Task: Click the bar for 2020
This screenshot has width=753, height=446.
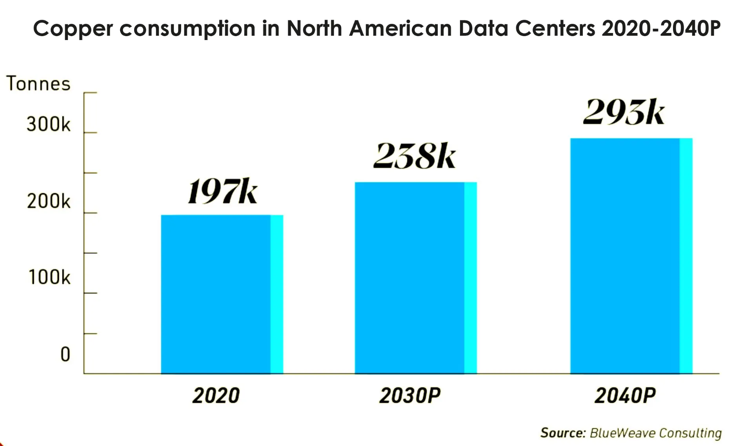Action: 222,294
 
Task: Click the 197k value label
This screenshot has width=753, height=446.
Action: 222,192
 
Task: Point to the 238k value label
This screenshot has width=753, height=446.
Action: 414,156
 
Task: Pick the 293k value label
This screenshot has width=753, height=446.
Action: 624,112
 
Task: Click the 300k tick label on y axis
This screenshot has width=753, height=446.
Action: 49,124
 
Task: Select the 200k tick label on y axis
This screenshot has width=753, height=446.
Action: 49,201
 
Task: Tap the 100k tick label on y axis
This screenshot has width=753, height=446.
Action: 49,278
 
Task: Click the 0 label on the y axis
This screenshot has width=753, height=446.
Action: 65,355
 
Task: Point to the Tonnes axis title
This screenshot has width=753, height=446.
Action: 38,84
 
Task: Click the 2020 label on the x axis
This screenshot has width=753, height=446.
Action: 216,395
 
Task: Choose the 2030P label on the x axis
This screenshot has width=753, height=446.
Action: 410,395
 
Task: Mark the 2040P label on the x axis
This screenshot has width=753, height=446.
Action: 625,395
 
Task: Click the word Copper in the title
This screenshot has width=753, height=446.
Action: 73,29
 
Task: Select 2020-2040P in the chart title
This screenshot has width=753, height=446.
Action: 661,28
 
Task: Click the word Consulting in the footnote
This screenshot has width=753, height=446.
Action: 690,433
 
